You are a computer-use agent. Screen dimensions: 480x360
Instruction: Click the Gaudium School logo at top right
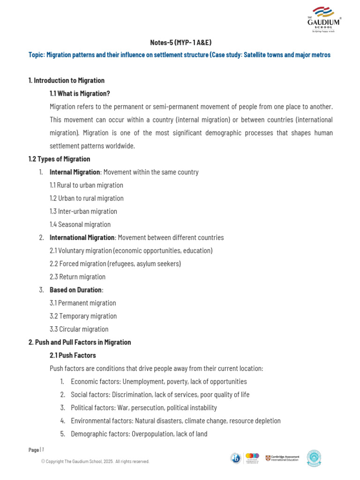pyautogui.click(x=324, y=19)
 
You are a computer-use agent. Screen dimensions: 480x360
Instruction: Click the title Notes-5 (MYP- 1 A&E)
pyautogui.click(x=180, y=43)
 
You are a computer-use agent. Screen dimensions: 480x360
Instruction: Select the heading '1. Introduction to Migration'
pyautogui.click(x=67, y=80)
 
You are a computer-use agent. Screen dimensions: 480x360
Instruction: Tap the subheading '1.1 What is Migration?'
pyautogui.click(x=80, y=93)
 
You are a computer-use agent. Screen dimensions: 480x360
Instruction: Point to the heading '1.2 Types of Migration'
pyautogui.click(x=59, y=159)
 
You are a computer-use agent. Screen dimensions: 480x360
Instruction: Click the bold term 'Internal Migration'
pyautogui.click(x=75, y=172)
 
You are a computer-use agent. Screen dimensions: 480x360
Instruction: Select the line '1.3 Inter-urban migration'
pyautogui.click(x=83, y=211)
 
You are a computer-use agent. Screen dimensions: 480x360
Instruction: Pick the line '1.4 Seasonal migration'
pyautogui.click(x=80, y=225)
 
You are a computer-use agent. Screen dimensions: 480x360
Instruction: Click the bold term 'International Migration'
pyautogui.click(x=82, y=238)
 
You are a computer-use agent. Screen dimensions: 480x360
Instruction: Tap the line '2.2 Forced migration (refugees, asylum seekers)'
pyautogui.click(x=115, y=264)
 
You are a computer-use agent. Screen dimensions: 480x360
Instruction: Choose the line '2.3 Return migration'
pyautogui.click(x=77, y=277)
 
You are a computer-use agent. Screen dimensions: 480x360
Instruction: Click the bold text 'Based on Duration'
pyautogui.click(x=75, y=290)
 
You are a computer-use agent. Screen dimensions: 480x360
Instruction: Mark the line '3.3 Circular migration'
pyautogui.click(x=79, y=330)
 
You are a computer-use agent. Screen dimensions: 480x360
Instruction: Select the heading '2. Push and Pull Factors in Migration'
pyautogui.click(x=80, y=342)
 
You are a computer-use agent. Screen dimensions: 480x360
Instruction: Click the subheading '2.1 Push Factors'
pyautogui.click(x=73, y=355)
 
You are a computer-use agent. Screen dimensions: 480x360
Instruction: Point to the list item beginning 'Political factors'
pyautogui.click(x=143, y=408)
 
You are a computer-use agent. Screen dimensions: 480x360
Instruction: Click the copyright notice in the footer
pyautogui.click(x=95, y=462)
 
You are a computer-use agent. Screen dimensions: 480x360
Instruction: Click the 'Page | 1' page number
pyautogui.click(x=36, y=450)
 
